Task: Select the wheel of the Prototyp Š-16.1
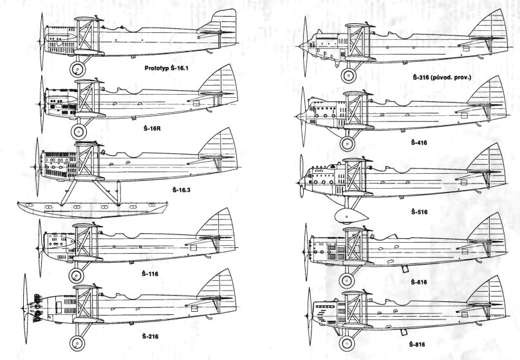click(x=77, y=70)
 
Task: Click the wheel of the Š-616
click(x=348, y=279)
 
